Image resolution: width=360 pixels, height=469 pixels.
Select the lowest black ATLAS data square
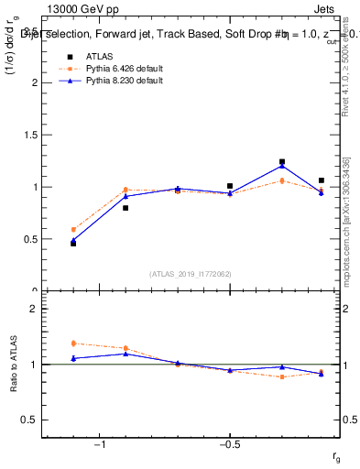point(73,244)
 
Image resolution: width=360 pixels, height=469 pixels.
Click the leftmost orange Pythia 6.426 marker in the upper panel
point(73,230)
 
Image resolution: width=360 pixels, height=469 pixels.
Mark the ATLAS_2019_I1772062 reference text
point(191,273)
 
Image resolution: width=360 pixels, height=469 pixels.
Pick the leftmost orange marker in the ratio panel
point(73,344)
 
